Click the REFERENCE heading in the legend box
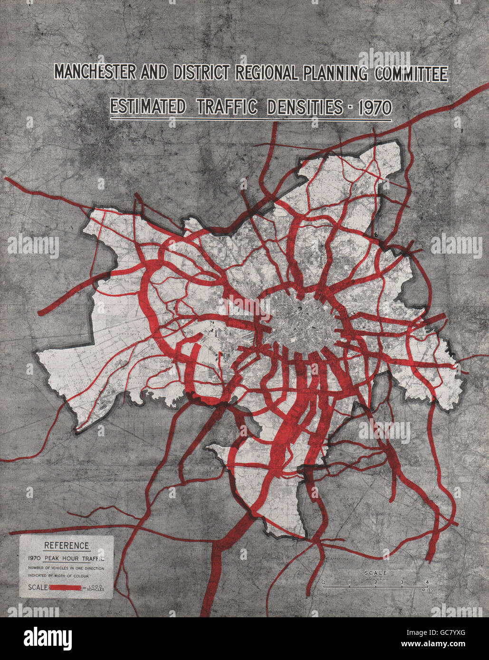[x=66, y=546]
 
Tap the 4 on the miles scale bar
[x=427, y=582]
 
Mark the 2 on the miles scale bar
[x=375, y=582]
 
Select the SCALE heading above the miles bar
[x=375, y=573]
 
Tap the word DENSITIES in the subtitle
[x=304, y=107]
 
